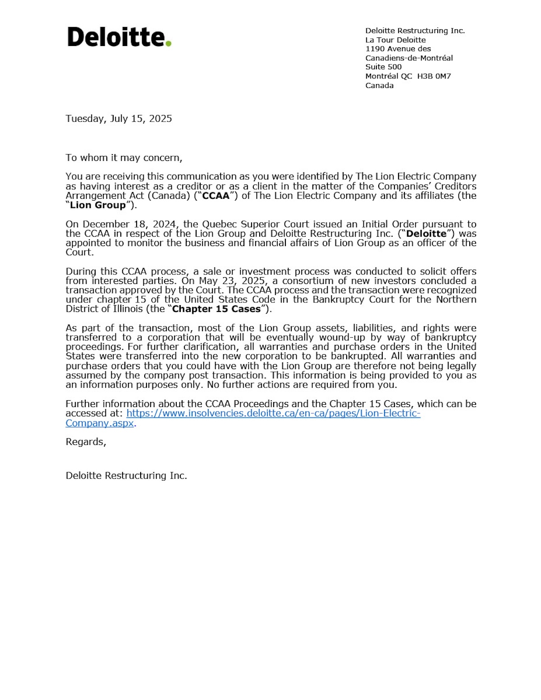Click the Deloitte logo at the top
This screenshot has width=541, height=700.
point(119,37)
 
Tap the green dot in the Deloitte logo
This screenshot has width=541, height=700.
point(168,43)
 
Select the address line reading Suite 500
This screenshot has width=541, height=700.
point(383,67)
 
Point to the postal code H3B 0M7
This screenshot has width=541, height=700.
point(434,76)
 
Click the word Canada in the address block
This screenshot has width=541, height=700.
point(379,85)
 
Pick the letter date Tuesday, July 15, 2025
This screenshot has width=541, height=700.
point(119,119)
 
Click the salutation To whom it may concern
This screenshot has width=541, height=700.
point(124,158)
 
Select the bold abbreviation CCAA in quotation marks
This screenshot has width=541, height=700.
point(215,196)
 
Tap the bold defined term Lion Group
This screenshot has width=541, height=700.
point(98,205)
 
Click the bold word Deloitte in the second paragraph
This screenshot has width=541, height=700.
point(426,233)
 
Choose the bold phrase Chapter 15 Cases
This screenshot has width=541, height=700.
point(216,309)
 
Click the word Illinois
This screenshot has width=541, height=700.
point(126,309)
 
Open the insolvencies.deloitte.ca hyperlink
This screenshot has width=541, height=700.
point(273,413)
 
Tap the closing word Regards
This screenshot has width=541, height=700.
point(86,442)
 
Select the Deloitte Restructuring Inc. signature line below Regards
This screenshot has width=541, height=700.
point(126,476)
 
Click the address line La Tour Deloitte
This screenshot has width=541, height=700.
point(395,40)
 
